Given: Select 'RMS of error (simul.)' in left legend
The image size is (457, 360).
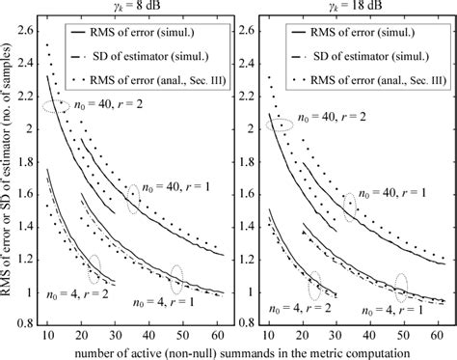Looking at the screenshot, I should (158, 34).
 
